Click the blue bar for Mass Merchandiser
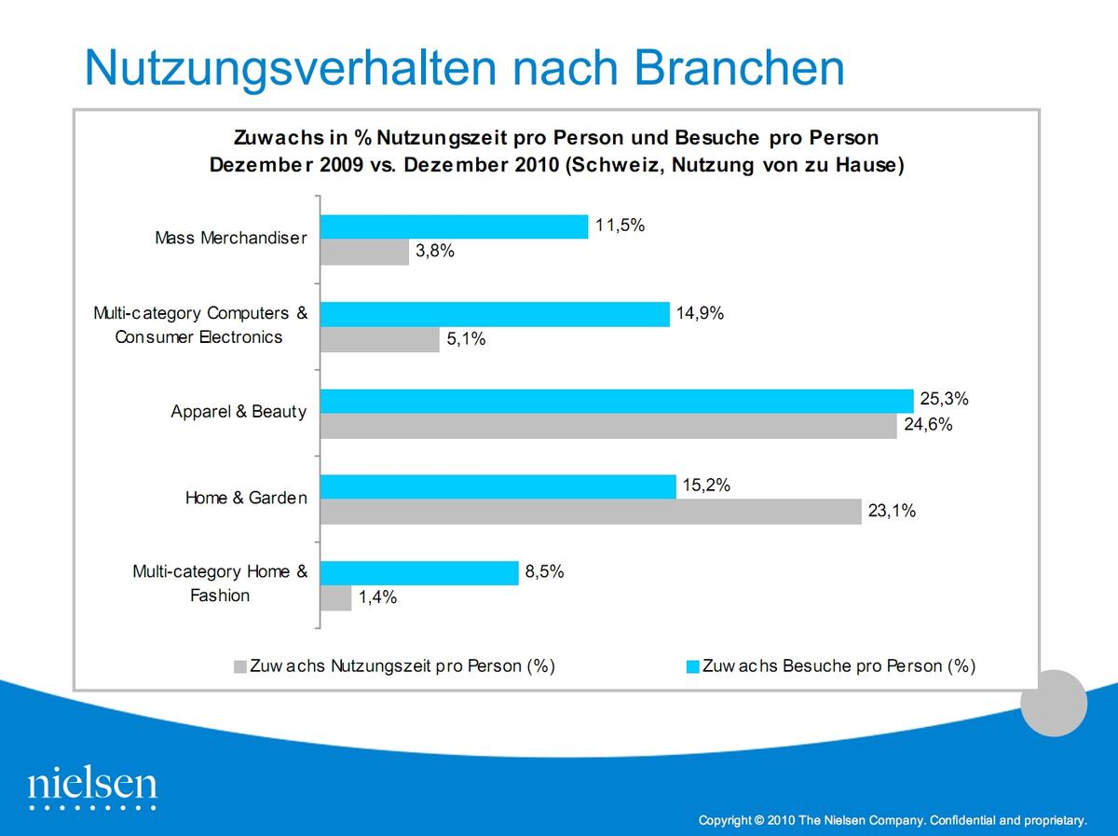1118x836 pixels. click(x=454, y=226)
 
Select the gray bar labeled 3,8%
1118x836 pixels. click(x=364, y=253)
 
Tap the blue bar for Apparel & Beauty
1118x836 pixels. click(x=617, y=401)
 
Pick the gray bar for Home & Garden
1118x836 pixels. click(x=591, y=512)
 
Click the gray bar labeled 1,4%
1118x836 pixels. click(x=335, y=598)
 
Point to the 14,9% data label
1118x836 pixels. click(x=701, y=313)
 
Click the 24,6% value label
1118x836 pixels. click(x=927, y=426)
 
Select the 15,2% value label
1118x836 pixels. click(x=706, y=486)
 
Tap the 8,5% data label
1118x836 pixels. click(x=545, y=572)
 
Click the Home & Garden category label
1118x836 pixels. click(x=246, y=499)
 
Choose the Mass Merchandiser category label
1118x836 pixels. click(x=230, y=239)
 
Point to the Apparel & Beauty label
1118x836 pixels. click(x=239, y=412)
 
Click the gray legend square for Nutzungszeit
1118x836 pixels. click(x=240, y=666)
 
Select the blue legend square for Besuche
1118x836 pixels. click(x=692, y=666)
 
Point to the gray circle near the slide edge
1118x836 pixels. click(x=1054, y=703)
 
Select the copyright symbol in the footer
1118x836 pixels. click(x=760, y=821)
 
